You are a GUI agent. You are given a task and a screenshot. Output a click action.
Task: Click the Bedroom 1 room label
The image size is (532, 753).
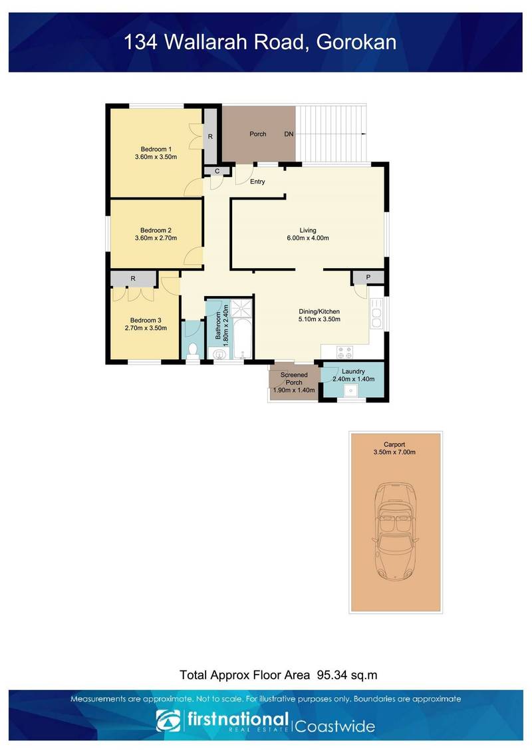click(156, 149)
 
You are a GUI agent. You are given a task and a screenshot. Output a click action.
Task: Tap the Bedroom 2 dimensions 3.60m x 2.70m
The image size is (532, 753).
click(156, 238)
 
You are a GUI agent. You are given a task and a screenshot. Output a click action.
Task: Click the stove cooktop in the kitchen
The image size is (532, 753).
click(346, 351)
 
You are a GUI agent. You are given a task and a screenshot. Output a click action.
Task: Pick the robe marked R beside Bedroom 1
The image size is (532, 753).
click(210, 136)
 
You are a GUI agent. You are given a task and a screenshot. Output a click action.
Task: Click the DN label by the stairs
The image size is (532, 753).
click(289, 134)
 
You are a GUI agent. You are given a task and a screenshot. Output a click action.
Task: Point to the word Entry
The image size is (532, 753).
click(257, 182)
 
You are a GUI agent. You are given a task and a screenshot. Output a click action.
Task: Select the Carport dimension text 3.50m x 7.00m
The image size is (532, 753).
click(394, 452)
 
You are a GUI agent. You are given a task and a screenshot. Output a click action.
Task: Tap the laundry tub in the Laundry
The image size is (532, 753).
click(347, 392)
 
